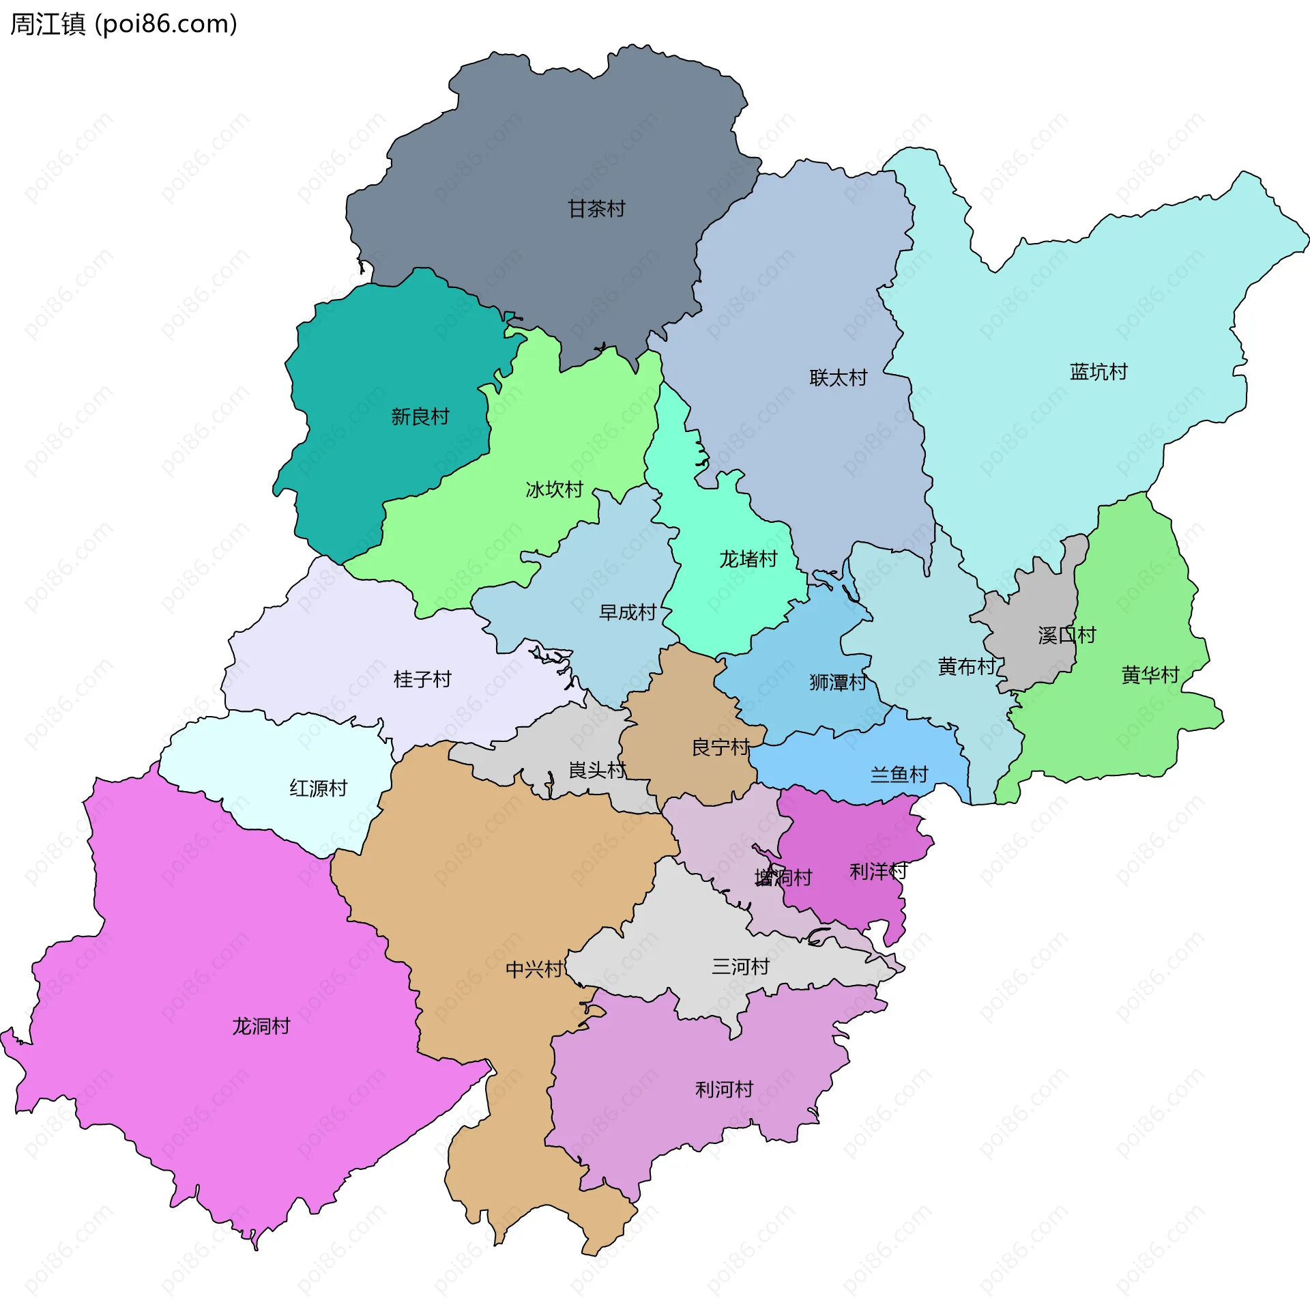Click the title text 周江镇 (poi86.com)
123,24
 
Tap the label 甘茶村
596,209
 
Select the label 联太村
838,377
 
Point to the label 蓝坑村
1098,372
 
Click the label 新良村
420,416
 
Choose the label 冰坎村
554,489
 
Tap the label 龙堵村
748,559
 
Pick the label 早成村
627,612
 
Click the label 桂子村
422,679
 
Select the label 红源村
318,788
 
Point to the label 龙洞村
261,1026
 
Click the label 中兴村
534,969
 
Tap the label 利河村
724,1089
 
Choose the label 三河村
740,967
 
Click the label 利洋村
877,871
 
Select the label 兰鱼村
899,774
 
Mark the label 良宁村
720,747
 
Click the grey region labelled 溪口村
1044,614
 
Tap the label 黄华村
1150,675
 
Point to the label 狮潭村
837,682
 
